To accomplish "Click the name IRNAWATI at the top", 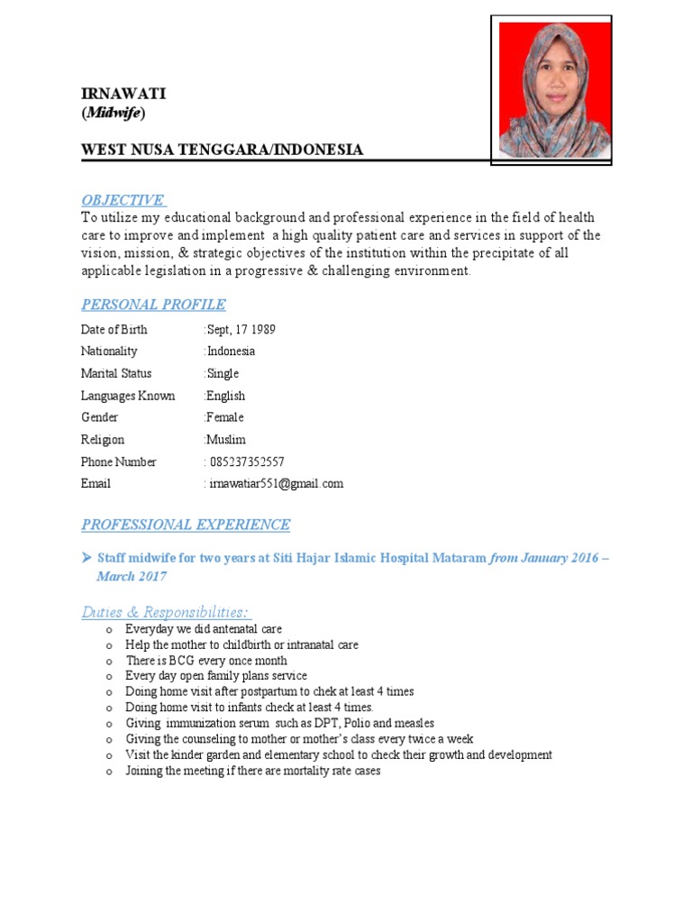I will tap(123, 95).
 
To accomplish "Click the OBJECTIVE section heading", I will tap(123, 199).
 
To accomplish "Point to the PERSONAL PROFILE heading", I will tap(153, 305).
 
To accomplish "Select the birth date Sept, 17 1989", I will tap(241, 329).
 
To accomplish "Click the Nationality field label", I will tap(109, 352).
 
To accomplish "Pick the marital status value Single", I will tap(223, 373).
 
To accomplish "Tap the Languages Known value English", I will tap(226, 396).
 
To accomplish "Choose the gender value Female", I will tap(225, 417).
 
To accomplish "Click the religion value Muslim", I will tap(226, 440).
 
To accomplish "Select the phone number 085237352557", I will tap(246, 461).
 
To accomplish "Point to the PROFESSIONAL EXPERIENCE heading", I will tap(186, 525).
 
